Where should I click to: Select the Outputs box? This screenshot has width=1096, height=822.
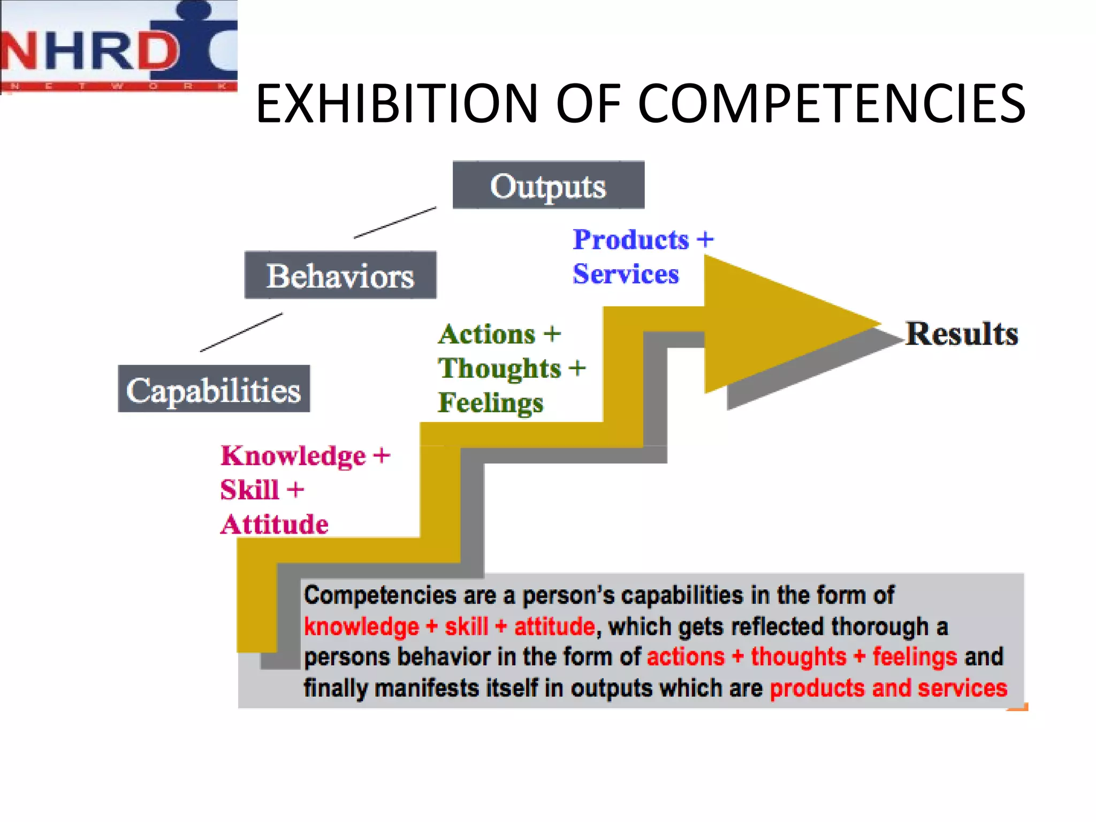[548, 185]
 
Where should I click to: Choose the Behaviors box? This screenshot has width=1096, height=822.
[340, 275]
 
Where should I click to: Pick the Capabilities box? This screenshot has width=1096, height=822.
[214, 389]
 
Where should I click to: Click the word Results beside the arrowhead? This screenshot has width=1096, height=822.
[961, 334]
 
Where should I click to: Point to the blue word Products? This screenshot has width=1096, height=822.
[631, 239]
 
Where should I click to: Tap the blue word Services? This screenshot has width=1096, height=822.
[626, 274]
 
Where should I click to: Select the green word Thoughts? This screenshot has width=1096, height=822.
[499, 369]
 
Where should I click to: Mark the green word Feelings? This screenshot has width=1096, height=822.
[490, 403]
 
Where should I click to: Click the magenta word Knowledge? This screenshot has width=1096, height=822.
[294, 456]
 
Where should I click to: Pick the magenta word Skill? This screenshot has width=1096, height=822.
[250, 490]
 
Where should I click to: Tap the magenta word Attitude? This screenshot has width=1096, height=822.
[275, 524]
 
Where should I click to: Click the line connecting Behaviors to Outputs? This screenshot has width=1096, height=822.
[395, 223]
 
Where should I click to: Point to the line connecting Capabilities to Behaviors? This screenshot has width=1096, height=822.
[241, 332]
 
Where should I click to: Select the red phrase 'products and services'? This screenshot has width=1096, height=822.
[888, 689]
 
